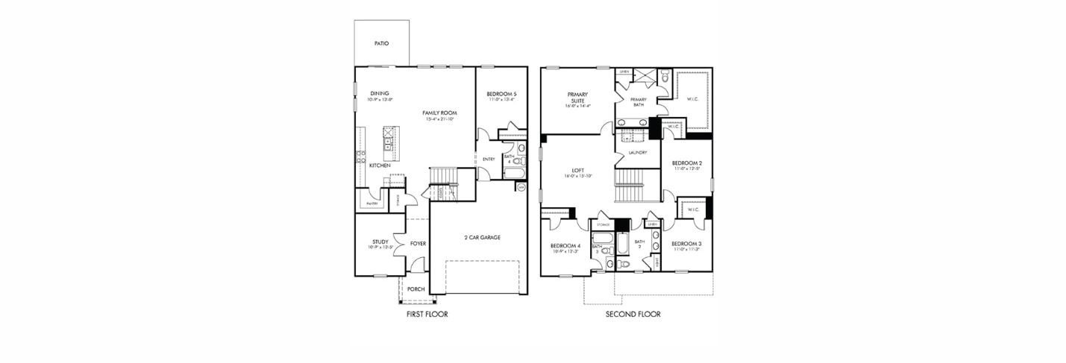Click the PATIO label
[381, 43]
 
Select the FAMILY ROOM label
[440, 113]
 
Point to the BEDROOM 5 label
[502, 93]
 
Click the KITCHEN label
[380, 165]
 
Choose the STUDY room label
[380, 242]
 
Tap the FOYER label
[418, 244]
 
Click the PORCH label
[416, 289]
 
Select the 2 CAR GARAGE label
[482, 237]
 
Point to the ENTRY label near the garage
[489, 159]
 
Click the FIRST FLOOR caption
[427, 315]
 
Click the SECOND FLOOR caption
[633, 315]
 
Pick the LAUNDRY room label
[637, 153]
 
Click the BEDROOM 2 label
[686, 162]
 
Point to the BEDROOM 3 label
[686, 244]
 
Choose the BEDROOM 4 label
[565, 246]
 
